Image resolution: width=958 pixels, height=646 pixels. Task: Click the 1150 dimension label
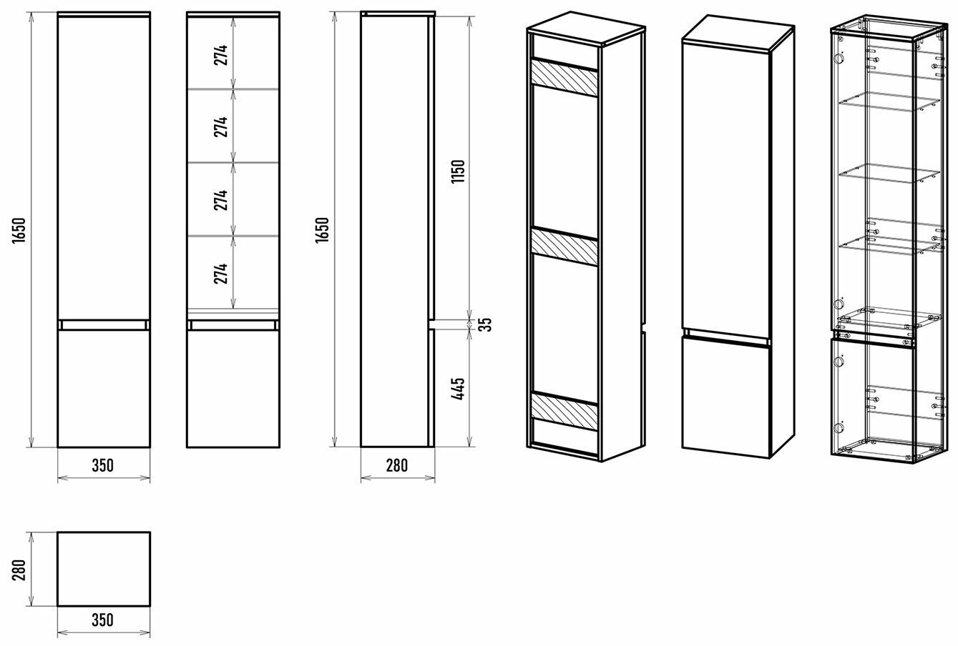click(458, 171)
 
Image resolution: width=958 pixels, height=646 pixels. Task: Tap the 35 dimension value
click(485, 324)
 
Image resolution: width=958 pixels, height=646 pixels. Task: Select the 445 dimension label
click(458, 388)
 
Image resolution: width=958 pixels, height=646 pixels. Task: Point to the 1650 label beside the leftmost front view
click(19, 231)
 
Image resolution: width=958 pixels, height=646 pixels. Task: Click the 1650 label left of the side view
click(322, 230)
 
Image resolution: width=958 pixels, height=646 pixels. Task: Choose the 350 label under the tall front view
click(103, 465)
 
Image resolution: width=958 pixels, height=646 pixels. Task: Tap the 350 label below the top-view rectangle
click(103, 620)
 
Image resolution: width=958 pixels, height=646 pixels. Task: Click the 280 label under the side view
click(397, 465)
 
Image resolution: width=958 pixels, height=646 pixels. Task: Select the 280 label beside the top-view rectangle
click(19, 570)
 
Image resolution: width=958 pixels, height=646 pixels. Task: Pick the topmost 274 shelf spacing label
click(221, 55)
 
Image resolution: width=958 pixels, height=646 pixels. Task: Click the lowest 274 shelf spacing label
click(221, 274)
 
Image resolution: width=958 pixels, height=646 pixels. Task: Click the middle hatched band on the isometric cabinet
click(564, 248)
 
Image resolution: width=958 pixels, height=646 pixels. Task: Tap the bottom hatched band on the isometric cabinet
click(564, 411)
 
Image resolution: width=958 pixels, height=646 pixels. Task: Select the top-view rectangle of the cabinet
click(104, 569)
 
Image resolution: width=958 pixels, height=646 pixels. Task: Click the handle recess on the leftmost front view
click(104, 324)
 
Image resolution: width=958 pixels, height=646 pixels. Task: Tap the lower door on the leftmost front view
click(104, 389)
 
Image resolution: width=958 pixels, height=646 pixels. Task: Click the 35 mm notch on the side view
click(431, 324)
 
